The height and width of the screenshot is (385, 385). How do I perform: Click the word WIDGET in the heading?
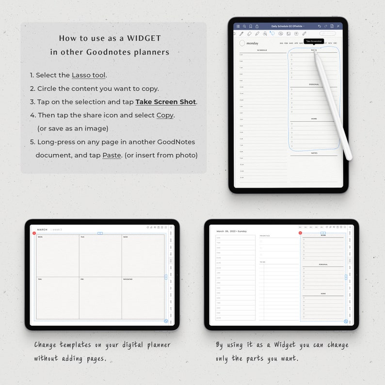(x=144, y=38)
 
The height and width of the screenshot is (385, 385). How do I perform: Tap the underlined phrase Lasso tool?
(x=89, y=75)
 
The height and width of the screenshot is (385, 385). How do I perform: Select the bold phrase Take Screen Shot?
(x=166, y=102)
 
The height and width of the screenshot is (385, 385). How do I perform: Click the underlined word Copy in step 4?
(x=165, y=115)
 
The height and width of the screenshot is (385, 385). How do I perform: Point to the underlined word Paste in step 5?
(x=112, y=155)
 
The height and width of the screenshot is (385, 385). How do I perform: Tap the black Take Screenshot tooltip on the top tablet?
(x=314, y=41)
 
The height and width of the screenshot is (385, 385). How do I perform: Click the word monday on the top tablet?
(x=252, y=43)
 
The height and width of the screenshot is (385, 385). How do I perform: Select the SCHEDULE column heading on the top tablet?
(x=262, y=50)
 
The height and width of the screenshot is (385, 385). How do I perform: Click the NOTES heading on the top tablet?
(x=314, y=153)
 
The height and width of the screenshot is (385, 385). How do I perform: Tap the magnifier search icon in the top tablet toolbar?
(x=244, y=26)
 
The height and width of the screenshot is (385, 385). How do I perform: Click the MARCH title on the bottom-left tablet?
(x=43, y=229)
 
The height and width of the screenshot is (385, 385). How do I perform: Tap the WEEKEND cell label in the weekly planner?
(x=128, y=279)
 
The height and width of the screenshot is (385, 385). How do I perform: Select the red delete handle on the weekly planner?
(x=34, y=233)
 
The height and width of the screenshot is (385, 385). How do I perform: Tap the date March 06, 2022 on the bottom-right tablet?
(x=232, y=231)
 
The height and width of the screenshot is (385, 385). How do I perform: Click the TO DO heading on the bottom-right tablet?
(x=262, y=262)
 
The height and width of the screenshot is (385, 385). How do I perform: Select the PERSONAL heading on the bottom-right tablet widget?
(x=323, y=265)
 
